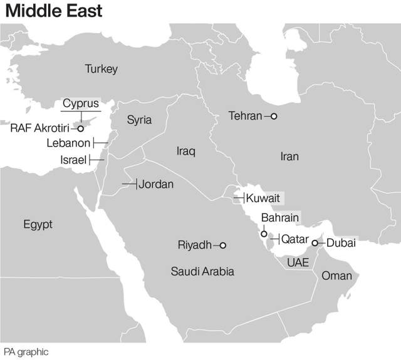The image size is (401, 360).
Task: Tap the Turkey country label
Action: pyautogui.click(x=101, y=69)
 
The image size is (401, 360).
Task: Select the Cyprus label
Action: pyautogui.click(x=80, y=103)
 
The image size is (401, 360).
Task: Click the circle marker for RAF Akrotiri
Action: pyautogui.click(x=80, y=128)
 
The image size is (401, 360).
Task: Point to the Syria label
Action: pyautogui.click(x=139, y=120)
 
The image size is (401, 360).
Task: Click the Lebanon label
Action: pyautogui.click(x=68, y=143)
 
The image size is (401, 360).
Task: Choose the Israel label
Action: pyautogui.click(x=73, y=160)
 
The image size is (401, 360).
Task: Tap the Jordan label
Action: pyautogui.click(x=156, y=184)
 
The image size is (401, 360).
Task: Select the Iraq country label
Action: pyautogui.click(x=186, y=152)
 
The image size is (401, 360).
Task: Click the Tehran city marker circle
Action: pyautogui.click(x=273, y=116)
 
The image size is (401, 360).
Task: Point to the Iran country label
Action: pyautogui.click(x=289, y=157)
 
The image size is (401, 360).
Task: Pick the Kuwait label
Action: pyautogui.click(x=263, y=198)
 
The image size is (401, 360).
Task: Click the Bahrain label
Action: pyautogui.click(x=280, y=218)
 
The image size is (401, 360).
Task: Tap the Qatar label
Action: pyautogui.click(x=294, y=239)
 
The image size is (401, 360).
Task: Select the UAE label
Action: pyautogui.click(x=298, y=262)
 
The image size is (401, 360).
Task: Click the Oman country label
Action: pyautogui.click(x=336, y=275)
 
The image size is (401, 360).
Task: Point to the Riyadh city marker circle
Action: pyautogui.click(x=222, y=245)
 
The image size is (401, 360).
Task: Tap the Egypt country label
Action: pyautogui.click(x=38, y=224)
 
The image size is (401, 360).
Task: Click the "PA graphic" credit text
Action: pyautogui.click(x=26, y=352)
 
